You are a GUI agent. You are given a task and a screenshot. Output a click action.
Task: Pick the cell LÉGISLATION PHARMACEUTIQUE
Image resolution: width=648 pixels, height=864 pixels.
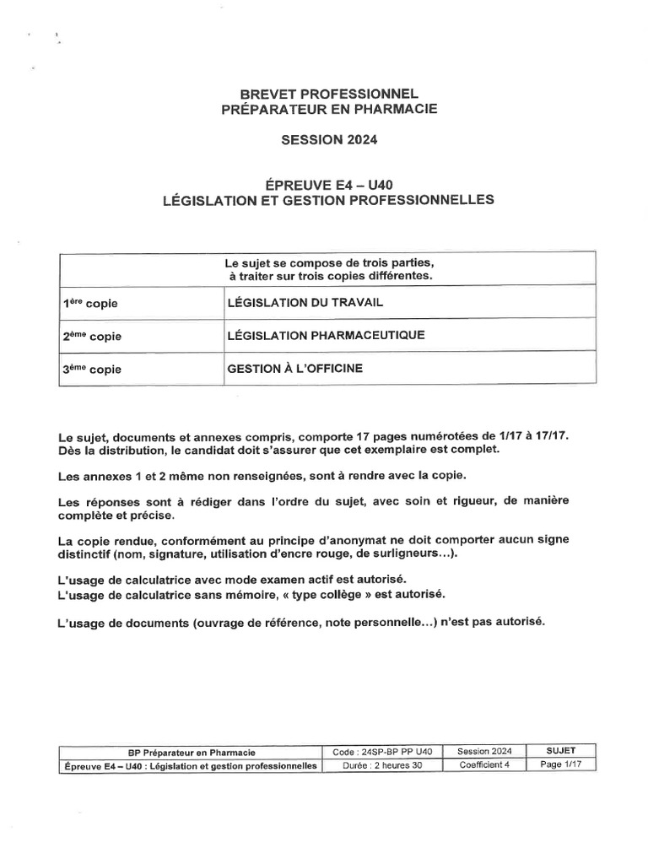(x=327, y=335)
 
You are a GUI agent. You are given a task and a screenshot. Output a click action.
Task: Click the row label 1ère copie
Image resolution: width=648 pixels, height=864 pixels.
(x=92, y=302)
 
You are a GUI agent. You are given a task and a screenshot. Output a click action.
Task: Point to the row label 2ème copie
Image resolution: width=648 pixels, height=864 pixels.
(x=92, y=336)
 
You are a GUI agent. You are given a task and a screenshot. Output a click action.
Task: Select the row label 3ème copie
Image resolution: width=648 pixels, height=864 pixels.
(x=92, y=370)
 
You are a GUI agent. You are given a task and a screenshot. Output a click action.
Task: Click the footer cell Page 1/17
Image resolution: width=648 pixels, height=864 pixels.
(x=561, y=764)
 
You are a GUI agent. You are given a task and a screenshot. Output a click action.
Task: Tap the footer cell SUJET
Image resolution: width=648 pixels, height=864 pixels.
(x=561, y=750)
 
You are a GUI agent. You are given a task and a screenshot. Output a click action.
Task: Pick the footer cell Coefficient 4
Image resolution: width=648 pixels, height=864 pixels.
(x=485, y=764)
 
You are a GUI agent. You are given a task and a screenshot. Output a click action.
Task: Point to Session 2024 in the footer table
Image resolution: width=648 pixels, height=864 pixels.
(x=485, y=751)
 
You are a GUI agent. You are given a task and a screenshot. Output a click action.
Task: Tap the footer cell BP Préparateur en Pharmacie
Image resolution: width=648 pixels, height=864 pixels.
(x=190, y=751)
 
